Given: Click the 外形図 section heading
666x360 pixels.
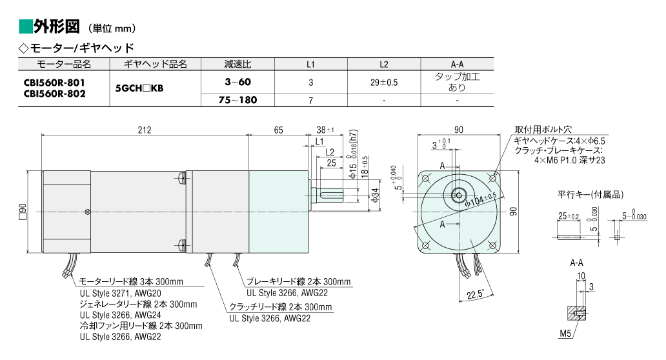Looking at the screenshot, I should (56, 27).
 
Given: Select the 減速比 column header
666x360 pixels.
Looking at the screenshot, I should (237, 64).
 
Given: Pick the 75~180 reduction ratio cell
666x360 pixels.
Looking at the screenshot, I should (237, 101).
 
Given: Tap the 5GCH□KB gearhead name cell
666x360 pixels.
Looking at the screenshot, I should (139, 89).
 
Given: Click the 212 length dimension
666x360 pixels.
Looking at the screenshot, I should (145, 130).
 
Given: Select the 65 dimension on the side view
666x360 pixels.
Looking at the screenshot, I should (278, 130).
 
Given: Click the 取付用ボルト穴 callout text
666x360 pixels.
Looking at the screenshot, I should (544, 129).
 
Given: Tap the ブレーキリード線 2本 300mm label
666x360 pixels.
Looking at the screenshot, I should (299, 281).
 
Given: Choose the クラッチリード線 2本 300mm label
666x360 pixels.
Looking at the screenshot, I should (281, 306).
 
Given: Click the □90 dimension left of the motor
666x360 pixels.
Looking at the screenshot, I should (23, 212).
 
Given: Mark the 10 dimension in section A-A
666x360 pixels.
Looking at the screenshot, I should (580, 276).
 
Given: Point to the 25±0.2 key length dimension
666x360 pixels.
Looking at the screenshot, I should (569, 216).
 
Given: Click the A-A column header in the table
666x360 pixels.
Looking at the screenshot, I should (457, 64).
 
